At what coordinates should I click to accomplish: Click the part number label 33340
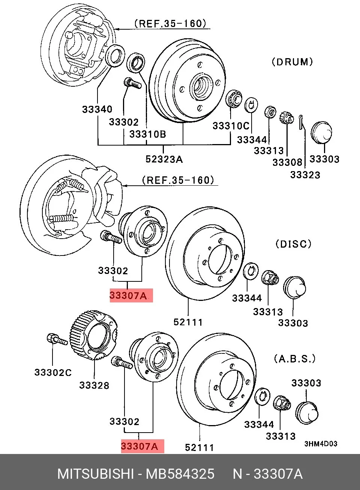click(x=97, y=109)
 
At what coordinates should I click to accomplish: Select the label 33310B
click(x=148, y=134)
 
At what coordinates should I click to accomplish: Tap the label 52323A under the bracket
click(x=164, y=159)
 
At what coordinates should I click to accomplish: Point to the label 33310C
click(x=231, y=126)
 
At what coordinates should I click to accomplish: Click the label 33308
click(x=287, y=162)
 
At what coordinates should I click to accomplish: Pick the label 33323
click(x=305, y=175)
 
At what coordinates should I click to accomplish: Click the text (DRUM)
click(x=292, y=62)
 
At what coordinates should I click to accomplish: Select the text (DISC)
click(x=293, y=244)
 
